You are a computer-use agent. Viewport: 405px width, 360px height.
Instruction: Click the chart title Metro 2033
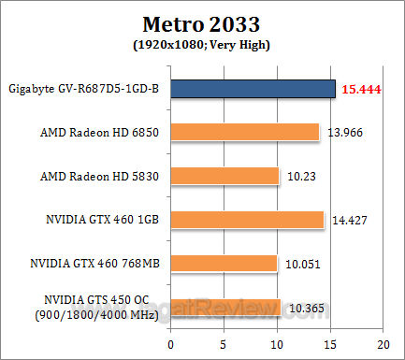pyautogui.click(x=202, y=22)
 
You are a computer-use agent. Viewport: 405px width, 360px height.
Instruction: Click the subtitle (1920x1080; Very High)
pyautogui.click(x=202, y=43)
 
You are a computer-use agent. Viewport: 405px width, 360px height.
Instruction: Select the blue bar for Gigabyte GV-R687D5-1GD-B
pyautogui.click(x=253, y=89)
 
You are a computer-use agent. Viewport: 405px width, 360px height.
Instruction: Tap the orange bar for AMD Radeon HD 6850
pyautogui.click(x=246, y=132)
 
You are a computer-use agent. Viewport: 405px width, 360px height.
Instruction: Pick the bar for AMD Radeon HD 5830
pyautogui.click(x=226, y=176)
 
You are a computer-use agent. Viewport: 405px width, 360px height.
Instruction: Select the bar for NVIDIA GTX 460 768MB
pyautogui.click(x=225, y=263)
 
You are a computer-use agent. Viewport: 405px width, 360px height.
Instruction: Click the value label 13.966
pyautogui.click(x=346, y=133)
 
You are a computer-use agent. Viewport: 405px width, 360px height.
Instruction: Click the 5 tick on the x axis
pyautogui.click(x=224, y=342)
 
